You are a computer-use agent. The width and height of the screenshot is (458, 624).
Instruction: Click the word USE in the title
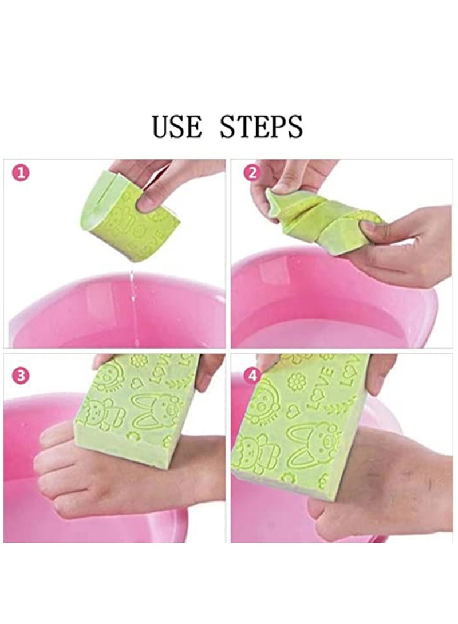coord(176,127)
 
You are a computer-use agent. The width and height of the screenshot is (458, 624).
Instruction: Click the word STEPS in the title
coord(261,127)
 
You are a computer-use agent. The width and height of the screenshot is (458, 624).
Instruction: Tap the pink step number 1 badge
coord(21,173)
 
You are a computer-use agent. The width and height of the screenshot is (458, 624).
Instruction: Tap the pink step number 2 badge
coord(251,173)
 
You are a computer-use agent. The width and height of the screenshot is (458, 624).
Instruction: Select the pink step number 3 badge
coord(21,376)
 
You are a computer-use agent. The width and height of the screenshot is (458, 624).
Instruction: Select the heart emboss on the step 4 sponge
coord(293,410)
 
